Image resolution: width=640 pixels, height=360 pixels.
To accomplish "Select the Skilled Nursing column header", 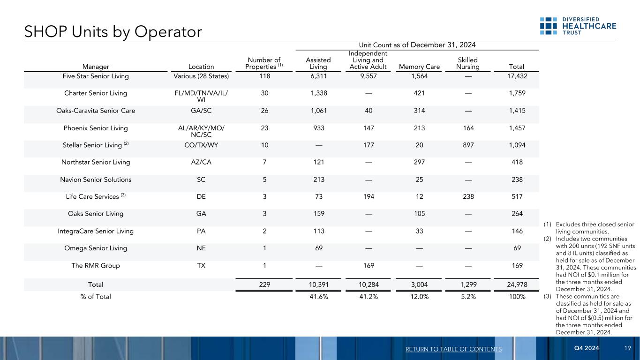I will pos(468,63).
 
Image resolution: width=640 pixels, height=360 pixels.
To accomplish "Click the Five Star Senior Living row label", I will pos(95,76).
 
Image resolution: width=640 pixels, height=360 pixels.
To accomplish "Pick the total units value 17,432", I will pos(516,76).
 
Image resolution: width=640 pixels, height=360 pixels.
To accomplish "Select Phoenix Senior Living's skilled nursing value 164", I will pos(467,128).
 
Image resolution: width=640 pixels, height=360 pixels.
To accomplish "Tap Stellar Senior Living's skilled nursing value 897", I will pos(467,145).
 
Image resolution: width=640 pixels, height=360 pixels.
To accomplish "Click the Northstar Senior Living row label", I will pos(95,162).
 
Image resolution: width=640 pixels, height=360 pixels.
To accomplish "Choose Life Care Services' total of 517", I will pos(516,197).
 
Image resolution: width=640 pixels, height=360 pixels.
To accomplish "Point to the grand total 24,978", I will pos(516,285).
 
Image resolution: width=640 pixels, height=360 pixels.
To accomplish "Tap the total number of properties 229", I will pos(265,285).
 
